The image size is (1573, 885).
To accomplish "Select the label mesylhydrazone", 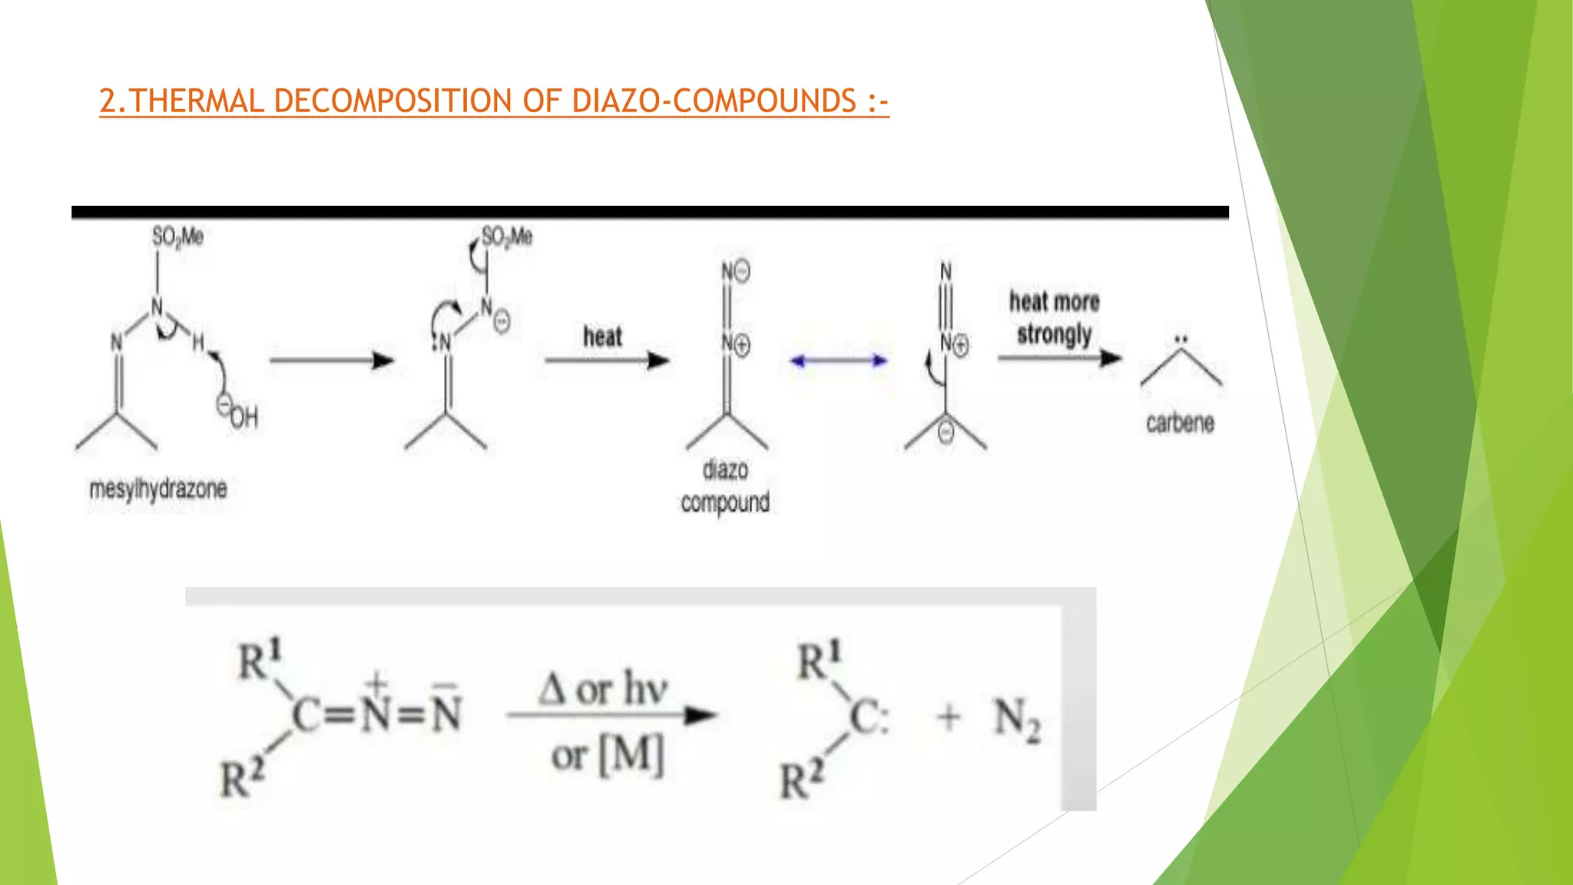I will point(158,489).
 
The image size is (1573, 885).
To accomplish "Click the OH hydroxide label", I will point(243,417).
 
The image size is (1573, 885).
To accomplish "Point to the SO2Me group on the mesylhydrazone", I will point(177,237).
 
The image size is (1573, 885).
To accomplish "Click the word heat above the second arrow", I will point(602,336).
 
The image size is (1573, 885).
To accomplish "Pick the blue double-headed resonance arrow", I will point(839,360).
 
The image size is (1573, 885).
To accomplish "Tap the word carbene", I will point(1180,423).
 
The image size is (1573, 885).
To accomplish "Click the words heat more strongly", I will point(1054,318).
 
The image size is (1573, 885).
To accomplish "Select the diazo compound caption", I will point(725,486).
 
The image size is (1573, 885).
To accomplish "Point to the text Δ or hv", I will point(602,688).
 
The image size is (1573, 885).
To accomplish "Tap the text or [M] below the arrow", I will point(607,756).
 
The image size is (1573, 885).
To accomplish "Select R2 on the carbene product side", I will point(801,780).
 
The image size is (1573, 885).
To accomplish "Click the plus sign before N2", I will point(949,718).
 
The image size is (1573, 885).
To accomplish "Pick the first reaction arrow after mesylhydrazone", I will point(331,360).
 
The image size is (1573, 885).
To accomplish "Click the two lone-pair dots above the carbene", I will point(1181,339).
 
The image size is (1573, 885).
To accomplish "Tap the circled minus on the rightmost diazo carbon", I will point(946,432).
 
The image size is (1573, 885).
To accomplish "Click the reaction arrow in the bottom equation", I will point(611,716).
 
